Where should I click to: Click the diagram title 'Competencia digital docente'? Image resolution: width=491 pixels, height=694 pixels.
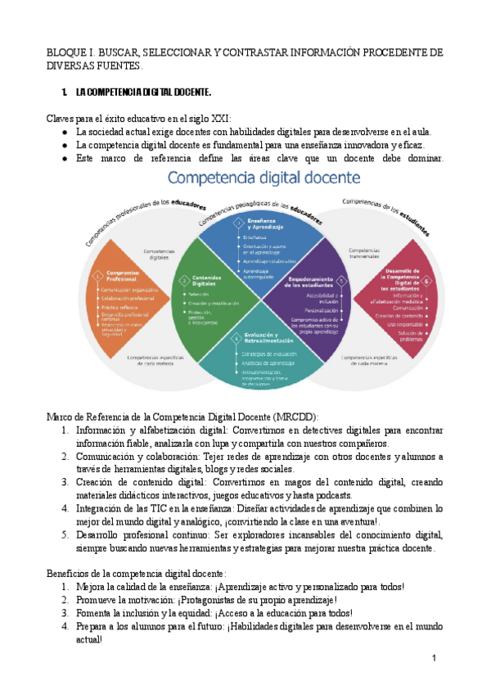click(x=264, y=178)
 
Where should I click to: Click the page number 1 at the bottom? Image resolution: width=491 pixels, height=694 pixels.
click(x=435, y=660)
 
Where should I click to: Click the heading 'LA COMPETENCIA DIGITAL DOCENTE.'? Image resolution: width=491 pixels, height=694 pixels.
click(x=143, y=92)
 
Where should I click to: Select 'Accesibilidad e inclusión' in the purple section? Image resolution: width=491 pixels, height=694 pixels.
click(x=321, y=298)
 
